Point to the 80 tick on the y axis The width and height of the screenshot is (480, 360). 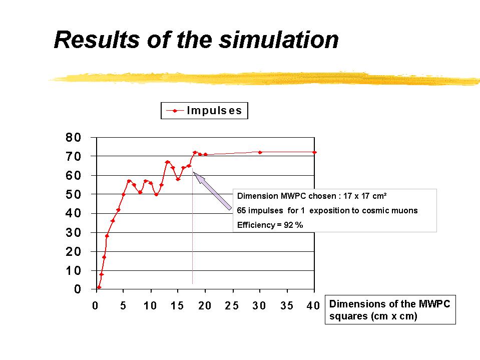(74, 137)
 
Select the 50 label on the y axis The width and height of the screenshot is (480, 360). (74, 194)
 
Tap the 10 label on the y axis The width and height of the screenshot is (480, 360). (74, 271)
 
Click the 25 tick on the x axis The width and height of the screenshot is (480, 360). (232, 306)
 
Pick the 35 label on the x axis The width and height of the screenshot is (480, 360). (287, 306)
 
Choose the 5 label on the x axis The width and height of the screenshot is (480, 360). (123, 306)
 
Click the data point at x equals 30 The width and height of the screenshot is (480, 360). (260, 152)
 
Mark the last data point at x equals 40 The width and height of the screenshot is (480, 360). (314, 152)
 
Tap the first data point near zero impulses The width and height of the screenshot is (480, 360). (99, 287)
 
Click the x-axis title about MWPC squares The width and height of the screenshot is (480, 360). (390, 310)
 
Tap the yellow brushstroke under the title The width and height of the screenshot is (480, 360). (265, 78)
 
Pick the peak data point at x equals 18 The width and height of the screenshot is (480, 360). (195, 152)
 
